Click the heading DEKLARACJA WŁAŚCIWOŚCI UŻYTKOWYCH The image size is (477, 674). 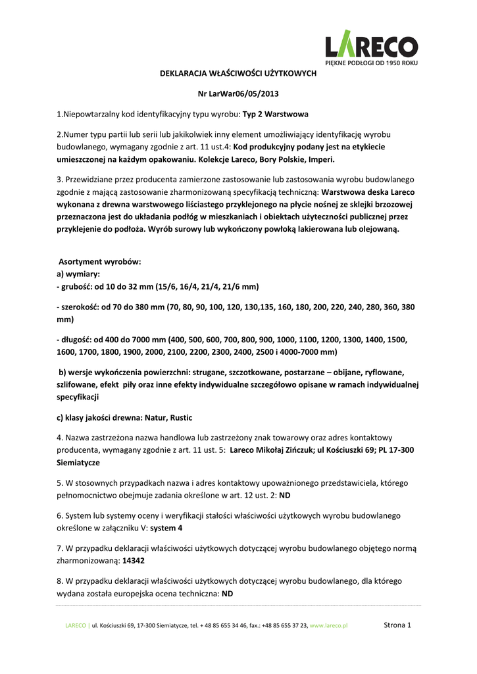238,74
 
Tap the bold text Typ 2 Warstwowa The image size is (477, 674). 276,115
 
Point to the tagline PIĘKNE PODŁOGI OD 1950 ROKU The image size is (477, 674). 372,63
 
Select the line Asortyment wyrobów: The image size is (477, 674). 101,261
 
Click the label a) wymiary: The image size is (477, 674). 78,274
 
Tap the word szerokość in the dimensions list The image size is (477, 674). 80,307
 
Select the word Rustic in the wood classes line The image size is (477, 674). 181,417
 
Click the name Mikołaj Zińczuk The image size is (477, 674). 288,450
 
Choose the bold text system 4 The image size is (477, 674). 166,528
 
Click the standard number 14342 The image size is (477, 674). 134,561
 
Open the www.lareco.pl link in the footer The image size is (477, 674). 328,626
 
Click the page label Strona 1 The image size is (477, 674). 397,625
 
